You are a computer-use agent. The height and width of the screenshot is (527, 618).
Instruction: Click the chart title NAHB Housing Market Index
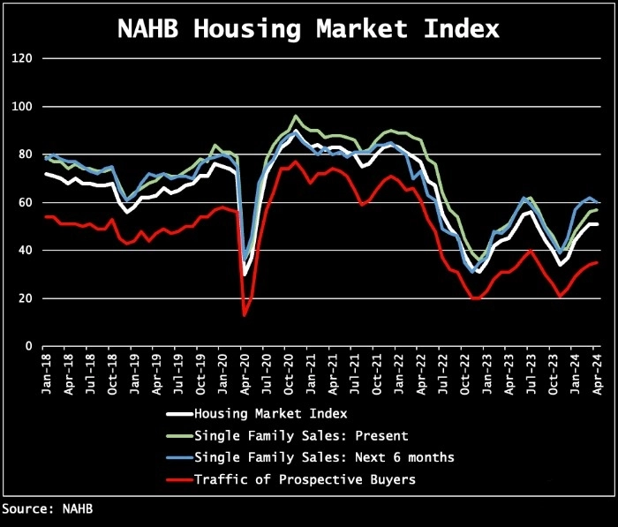click(309, 28)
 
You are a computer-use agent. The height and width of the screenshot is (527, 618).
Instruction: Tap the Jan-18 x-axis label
click(47, 371)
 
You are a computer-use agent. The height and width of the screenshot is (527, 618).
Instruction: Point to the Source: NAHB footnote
click(47, 509)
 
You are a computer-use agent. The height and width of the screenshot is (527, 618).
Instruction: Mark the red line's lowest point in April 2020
click(245, 315)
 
